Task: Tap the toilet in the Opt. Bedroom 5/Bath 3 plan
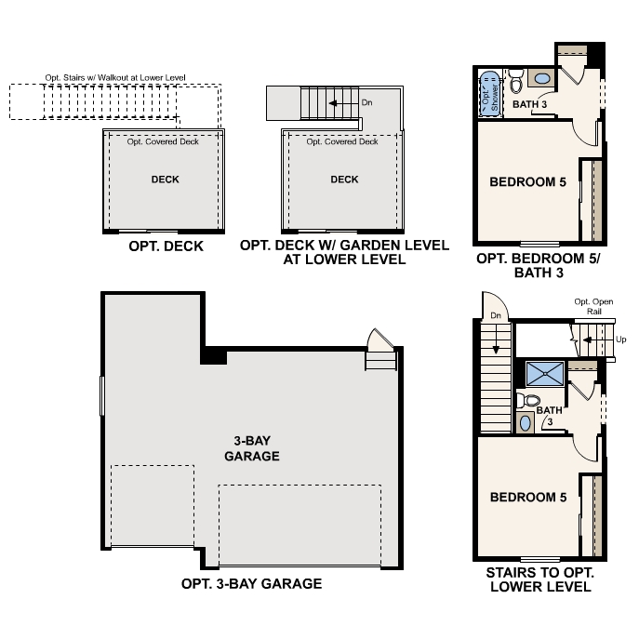click(x=515, y=78)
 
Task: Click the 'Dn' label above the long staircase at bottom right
click(x=495, y=317)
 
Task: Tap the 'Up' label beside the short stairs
click(x=620, y=340)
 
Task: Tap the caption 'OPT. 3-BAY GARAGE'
click(x=251, y=584)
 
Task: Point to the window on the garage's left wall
click(x=102, y=396)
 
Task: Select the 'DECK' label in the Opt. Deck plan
click(x=165, y=180)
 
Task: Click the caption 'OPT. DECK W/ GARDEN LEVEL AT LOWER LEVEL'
click(x=344, y=253)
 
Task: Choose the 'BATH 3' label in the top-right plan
click(x=529, y=105)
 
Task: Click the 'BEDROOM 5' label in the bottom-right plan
click(x=527, y=498)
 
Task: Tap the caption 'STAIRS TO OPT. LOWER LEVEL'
click(x=539, y=580)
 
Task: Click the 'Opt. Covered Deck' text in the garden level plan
click(x=342, y=142)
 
